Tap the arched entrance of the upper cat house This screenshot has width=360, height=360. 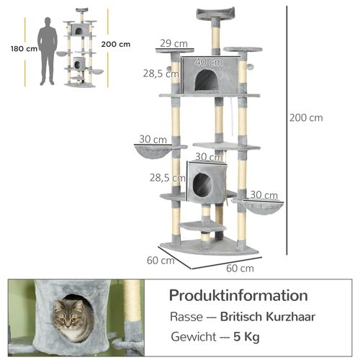click(207, 80)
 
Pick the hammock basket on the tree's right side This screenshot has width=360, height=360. click(261, 206)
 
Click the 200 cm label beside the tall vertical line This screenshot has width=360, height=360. click(306, 118)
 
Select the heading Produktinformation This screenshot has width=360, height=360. click(238, 296)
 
